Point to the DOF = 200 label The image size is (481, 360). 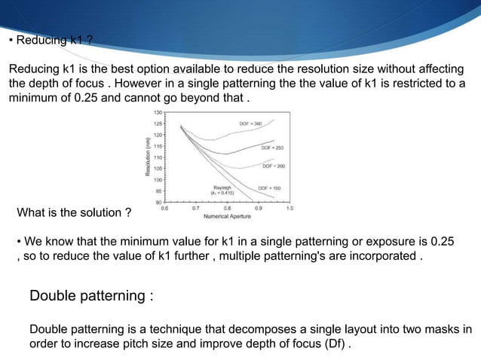[273, 165]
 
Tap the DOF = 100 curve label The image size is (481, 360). [270, 187]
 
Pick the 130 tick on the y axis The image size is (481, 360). [158, 111]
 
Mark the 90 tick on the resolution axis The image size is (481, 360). [160, 203]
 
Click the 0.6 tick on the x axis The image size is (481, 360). [166, 208]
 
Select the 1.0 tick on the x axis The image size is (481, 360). [290, 208]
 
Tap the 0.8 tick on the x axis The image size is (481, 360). [228, 208]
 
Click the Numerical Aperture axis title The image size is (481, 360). [228, 216]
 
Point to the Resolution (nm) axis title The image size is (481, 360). [149, 157]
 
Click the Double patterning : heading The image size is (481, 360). [91, 295]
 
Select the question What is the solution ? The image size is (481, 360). [74, 213]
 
